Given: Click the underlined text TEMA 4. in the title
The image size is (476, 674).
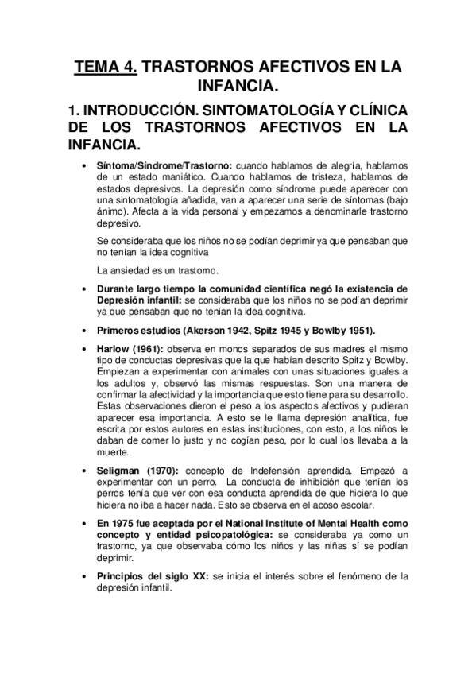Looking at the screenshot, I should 106,68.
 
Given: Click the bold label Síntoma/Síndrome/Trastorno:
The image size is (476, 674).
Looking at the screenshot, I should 153,165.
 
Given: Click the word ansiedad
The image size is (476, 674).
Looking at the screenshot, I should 123,271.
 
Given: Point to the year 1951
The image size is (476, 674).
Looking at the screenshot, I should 356,330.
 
